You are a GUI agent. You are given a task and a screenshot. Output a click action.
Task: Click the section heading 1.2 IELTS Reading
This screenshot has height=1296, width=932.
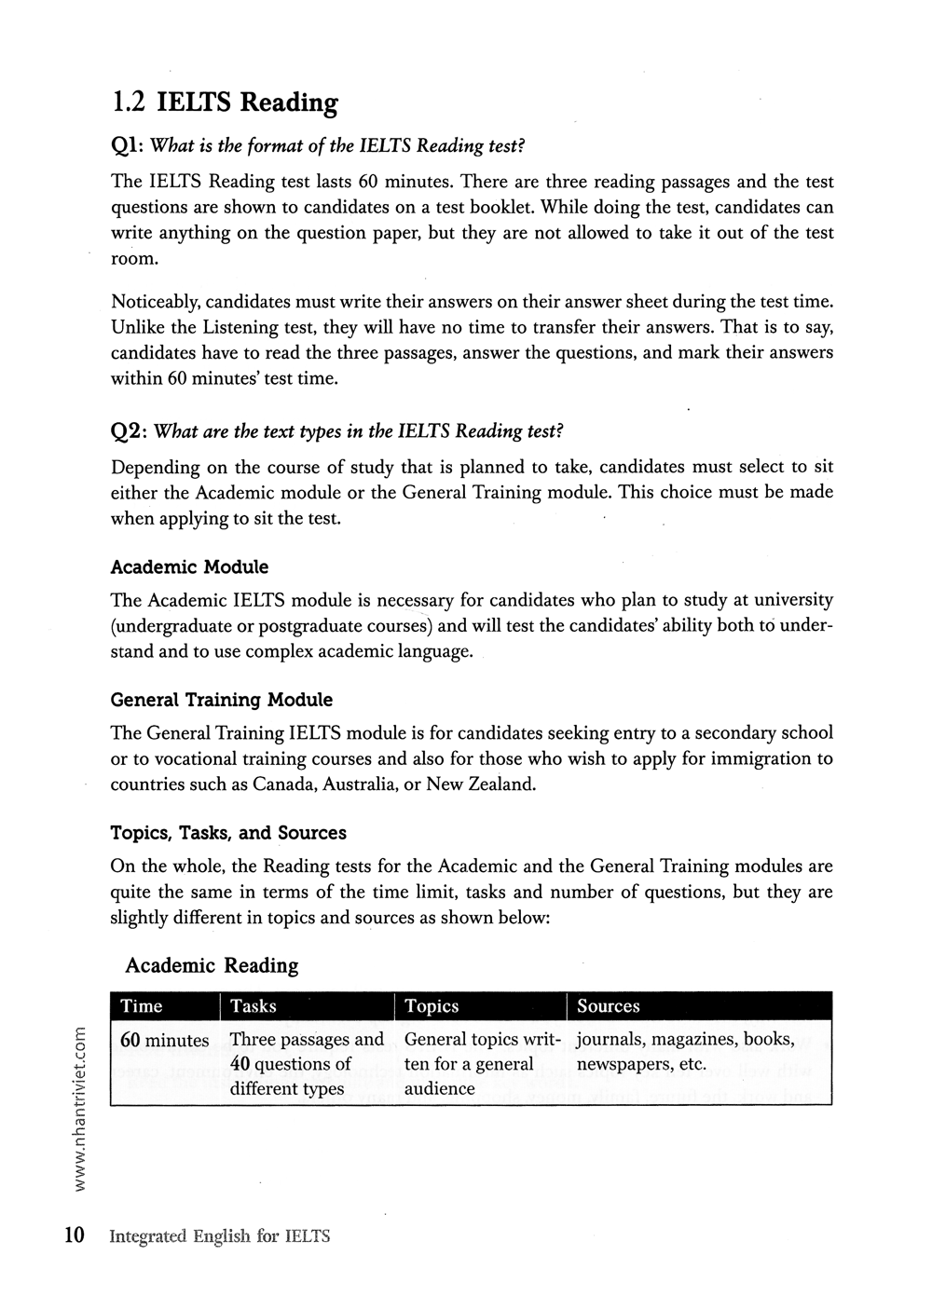[224, 102]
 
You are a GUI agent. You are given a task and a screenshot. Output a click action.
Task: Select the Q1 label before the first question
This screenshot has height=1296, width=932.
[127, 146]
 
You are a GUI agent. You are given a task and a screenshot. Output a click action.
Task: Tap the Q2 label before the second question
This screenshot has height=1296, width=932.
[128, 431]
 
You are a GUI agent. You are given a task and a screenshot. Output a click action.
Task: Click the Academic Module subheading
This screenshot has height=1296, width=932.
[189, 567]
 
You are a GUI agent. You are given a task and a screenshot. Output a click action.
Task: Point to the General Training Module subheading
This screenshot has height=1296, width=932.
[221, 700]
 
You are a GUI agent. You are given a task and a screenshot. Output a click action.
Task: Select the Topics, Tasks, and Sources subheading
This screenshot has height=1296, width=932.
[228, 833]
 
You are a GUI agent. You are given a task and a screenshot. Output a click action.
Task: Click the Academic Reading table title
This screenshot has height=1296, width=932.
[212, 965]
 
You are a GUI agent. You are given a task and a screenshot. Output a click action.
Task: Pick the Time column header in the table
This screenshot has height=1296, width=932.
[142, 1006]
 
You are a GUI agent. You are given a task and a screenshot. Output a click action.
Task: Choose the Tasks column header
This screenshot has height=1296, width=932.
[253, 1006]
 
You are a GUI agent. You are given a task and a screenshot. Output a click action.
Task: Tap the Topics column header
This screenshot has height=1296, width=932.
[432, 1006]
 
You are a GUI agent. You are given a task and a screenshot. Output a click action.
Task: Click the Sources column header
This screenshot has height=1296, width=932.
[608, 1006]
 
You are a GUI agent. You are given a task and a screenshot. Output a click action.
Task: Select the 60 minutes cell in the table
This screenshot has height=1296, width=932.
[165, 1040]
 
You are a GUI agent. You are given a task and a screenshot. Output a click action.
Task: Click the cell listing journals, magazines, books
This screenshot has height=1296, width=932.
[685, 1051]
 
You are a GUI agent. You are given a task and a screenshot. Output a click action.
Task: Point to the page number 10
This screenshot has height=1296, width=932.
[75, 1236]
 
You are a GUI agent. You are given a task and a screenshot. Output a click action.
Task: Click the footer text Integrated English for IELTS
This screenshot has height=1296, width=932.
[220, 1237]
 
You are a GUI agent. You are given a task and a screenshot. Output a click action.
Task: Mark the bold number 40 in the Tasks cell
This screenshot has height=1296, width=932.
[239, 1064]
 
